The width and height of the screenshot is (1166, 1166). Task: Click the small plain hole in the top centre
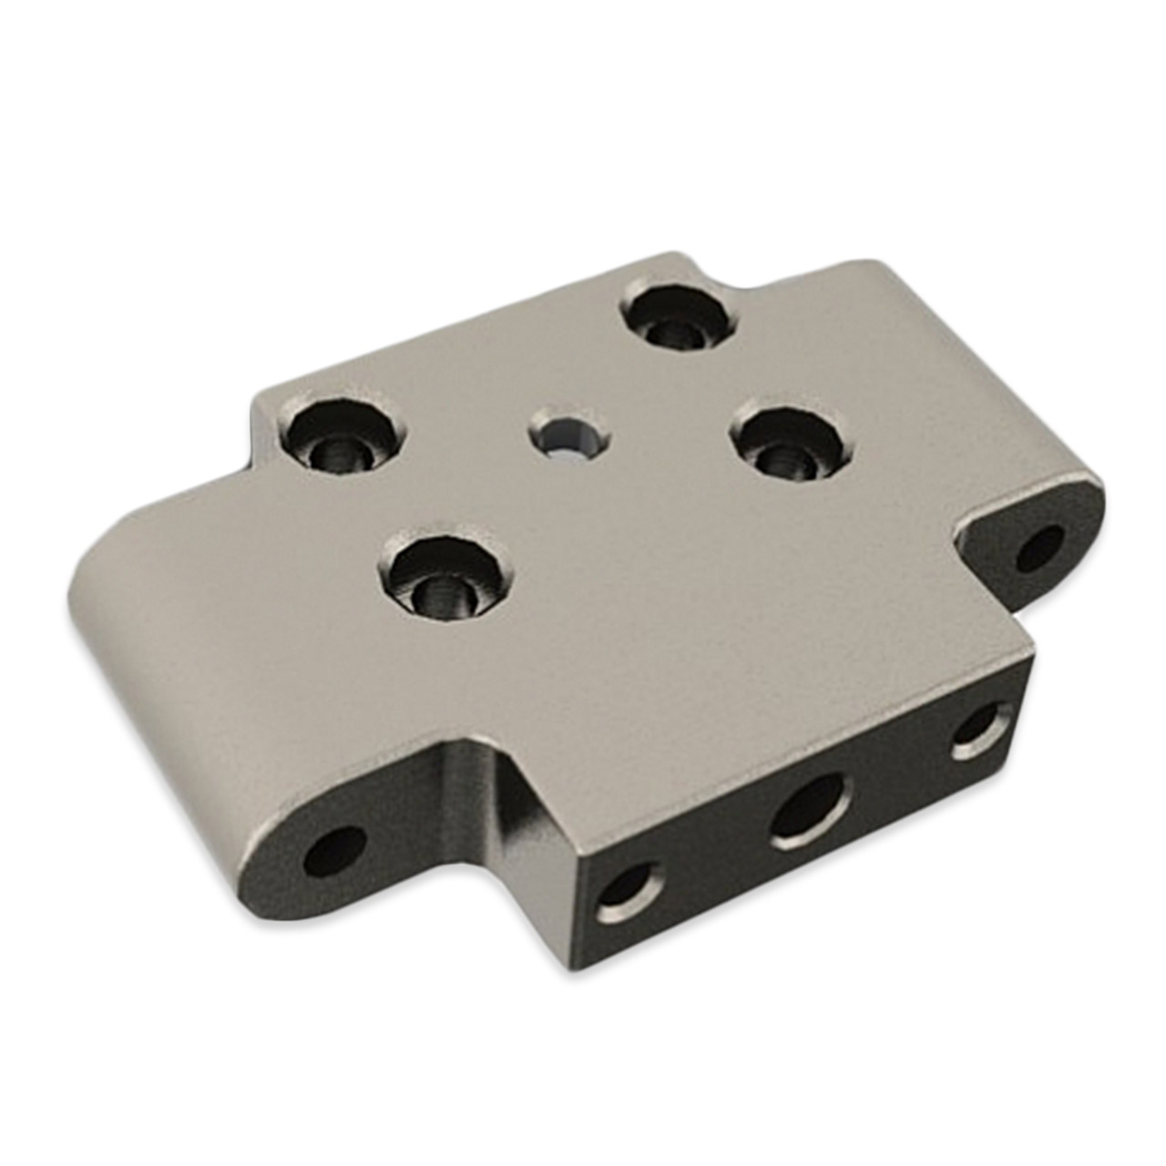coord(567,436)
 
